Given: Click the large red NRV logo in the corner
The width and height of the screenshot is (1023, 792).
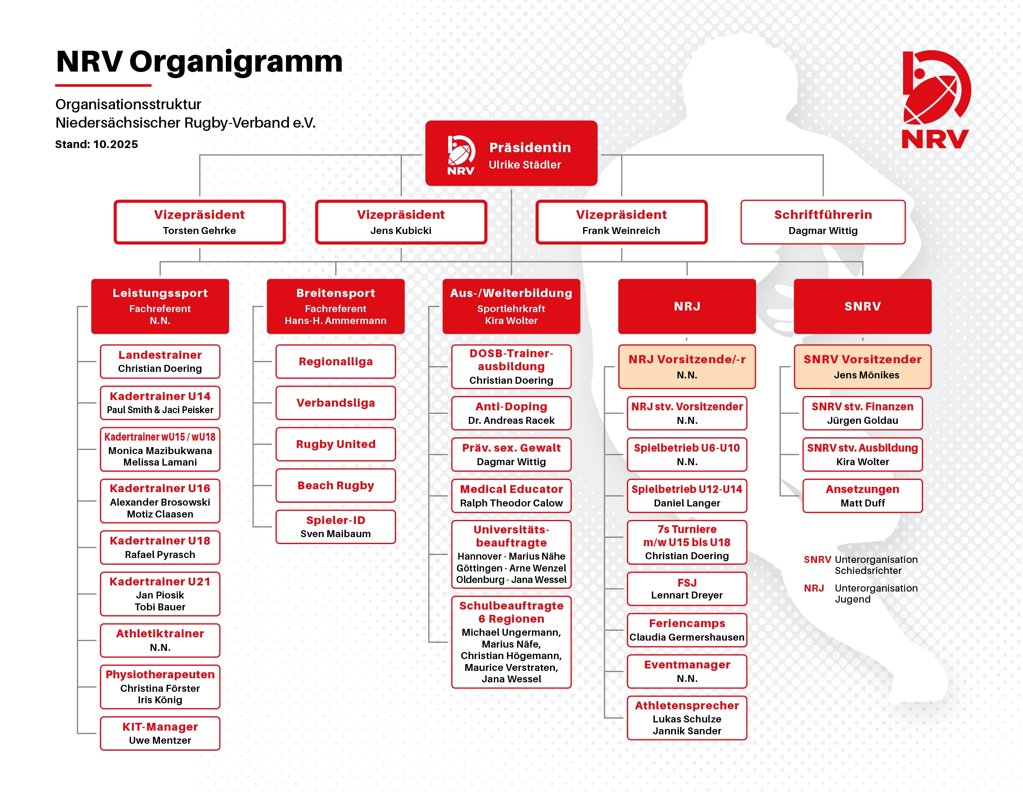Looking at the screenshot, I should [x=935, y=99].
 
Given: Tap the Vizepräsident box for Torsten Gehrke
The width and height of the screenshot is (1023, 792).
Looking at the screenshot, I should [x=200, y=222].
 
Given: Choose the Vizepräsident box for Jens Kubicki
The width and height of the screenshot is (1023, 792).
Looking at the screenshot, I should [x=401, y=222].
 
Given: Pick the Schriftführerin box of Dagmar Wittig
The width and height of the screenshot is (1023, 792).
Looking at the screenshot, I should [x=822, y=222].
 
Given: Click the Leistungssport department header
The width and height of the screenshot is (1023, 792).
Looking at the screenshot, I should [x=160, y=306].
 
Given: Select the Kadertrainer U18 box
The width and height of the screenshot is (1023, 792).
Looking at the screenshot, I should [x=160, y=547].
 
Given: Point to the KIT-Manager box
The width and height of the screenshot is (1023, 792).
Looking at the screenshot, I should [x=160, y=733].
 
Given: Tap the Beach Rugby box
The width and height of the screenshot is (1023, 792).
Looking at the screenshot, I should [x=336, y=485].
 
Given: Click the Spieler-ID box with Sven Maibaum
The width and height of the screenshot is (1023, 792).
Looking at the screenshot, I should [x=336, y=526].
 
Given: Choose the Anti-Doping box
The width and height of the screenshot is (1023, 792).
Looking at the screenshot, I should [x=511, y=413].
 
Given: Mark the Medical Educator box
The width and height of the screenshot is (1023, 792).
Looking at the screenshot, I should [x=511, y=495].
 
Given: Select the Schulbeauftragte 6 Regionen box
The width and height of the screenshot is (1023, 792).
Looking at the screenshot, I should [x=511, y=641].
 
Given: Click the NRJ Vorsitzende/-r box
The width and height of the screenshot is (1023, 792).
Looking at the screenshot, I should [x=687, y=367].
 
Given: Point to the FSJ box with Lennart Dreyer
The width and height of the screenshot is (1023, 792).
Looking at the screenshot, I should [x=687, y=588].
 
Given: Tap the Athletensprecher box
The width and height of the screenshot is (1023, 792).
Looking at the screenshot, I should [x=687, y=718].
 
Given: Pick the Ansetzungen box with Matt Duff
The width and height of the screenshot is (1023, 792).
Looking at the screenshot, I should [x=862, y=495].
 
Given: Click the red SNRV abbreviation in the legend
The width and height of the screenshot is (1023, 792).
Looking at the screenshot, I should [x=817, y=559].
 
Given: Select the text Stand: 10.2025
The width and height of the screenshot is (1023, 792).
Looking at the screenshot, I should [x=97, y=144].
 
